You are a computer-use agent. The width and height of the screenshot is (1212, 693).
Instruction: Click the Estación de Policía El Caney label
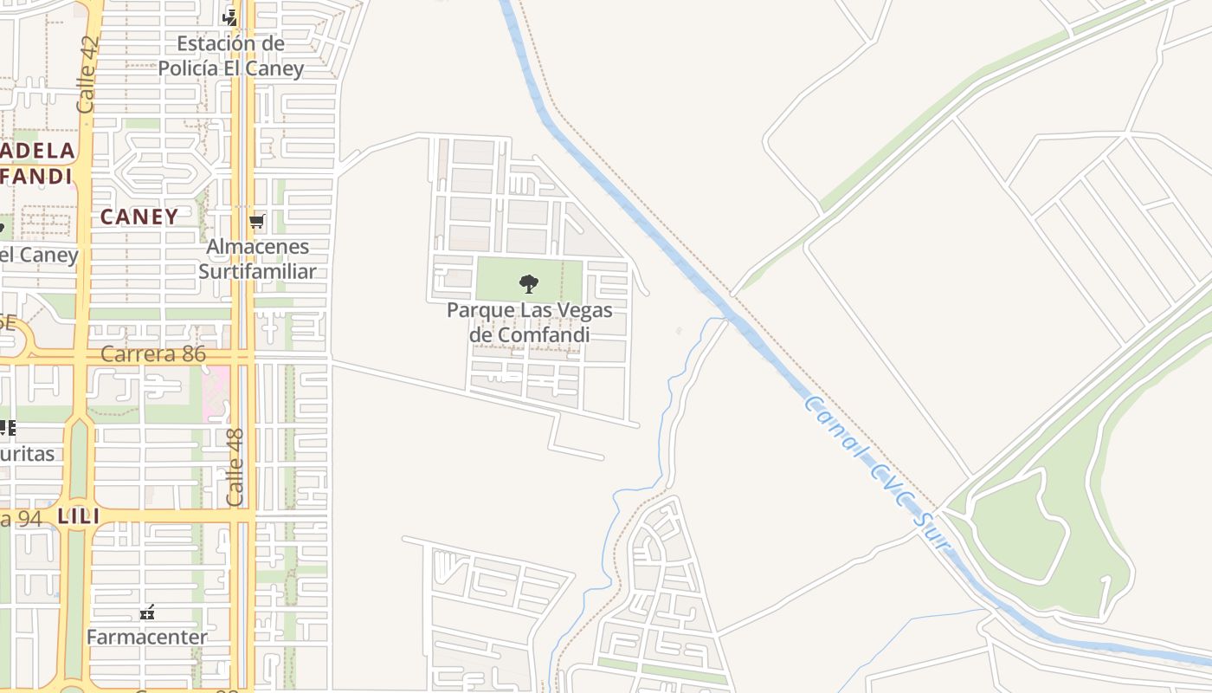pos(231,55)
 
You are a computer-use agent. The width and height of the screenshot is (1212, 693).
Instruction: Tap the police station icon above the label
pos(229,17)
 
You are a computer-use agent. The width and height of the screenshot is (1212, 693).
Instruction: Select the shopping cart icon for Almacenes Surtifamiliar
pos(256,222)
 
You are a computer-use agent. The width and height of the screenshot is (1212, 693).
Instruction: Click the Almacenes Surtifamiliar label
pos(257,259)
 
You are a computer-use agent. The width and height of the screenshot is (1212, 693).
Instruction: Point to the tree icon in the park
pos(528,283)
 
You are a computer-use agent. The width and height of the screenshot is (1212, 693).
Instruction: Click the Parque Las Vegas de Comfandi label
pos(529,322)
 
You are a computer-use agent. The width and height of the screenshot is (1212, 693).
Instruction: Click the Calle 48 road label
pos(235,467)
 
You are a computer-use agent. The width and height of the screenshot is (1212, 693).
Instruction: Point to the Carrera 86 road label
pos(153,354)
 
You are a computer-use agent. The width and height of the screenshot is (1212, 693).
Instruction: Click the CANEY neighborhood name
pos(139,217)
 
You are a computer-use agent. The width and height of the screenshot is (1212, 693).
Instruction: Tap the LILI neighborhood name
pos(79,517)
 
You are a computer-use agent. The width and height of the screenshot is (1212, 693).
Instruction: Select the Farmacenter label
pos(147,638)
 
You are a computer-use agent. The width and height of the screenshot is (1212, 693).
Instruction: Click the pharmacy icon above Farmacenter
pos(147,613)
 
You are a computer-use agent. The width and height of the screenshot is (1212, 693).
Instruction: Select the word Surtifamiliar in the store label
pos(257,271)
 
